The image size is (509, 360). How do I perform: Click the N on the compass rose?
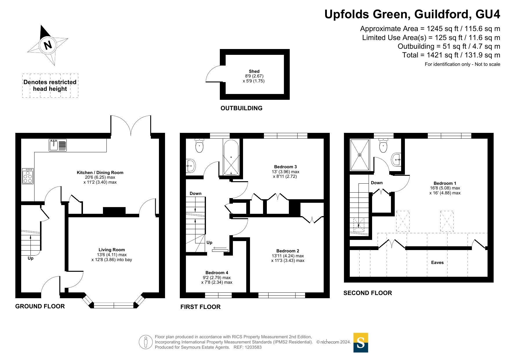point(48,45)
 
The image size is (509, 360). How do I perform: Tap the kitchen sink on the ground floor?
point(58,145)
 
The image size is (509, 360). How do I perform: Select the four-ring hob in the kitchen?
point(28,176)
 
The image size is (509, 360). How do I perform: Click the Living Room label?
point(112,250)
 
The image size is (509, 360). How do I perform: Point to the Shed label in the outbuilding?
point(254,71)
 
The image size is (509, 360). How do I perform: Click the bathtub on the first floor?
point(231,157)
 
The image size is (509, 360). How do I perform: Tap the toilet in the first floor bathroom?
point(199,145)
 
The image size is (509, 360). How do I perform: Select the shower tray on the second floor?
point(360,155)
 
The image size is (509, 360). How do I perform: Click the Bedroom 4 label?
point(217,273)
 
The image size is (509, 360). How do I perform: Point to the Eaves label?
point(437,263)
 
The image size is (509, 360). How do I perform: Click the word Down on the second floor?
point(377,183)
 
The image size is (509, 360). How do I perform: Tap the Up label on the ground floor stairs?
point(30,258)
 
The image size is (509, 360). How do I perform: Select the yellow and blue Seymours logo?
point(361,343)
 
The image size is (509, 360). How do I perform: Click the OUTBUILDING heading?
point(241,108)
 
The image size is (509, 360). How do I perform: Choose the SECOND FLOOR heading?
point(367,293)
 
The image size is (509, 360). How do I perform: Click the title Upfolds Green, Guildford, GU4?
point(412,14)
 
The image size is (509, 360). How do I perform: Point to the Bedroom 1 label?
point(445,183)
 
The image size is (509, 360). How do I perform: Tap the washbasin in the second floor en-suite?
point(396,160)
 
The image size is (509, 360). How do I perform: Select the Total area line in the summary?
point(451,55)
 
